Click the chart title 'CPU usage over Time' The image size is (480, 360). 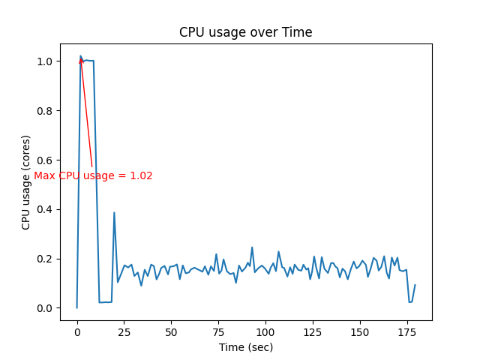pos(245,32)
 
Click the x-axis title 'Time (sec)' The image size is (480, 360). pos(245,347)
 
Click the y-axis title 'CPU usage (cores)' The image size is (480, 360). pos(26,182)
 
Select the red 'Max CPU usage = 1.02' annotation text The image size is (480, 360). pos(93,175)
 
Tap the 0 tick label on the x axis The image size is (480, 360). pos(76,331)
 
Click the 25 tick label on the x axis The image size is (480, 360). pos(124,331)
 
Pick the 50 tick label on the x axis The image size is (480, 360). pos(171,331)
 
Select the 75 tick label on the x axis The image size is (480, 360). pos(218,331)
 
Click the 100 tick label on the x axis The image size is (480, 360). pos(265,331)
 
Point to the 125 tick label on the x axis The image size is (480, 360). pos(313,331)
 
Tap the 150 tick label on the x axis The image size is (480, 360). pos(360,331)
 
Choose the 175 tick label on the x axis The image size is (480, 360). pos(407,331)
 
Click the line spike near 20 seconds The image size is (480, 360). pos(114,213)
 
